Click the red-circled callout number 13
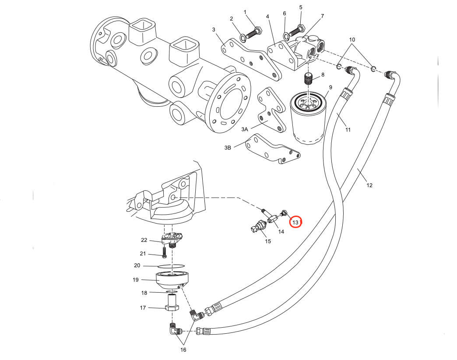point(296,222)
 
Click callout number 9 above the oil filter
point(330,87)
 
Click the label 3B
point(228,148)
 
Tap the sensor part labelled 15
point(259,227)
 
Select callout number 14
point(281,231)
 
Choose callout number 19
point(135,280)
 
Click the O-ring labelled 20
point(170,266)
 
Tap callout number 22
point(144,240)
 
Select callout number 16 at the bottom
point(183,350)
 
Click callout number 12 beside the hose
point(369,185)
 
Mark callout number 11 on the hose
point(348,129)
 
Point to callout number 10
point(352,40)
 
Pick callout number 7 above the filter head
point(322,16)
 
